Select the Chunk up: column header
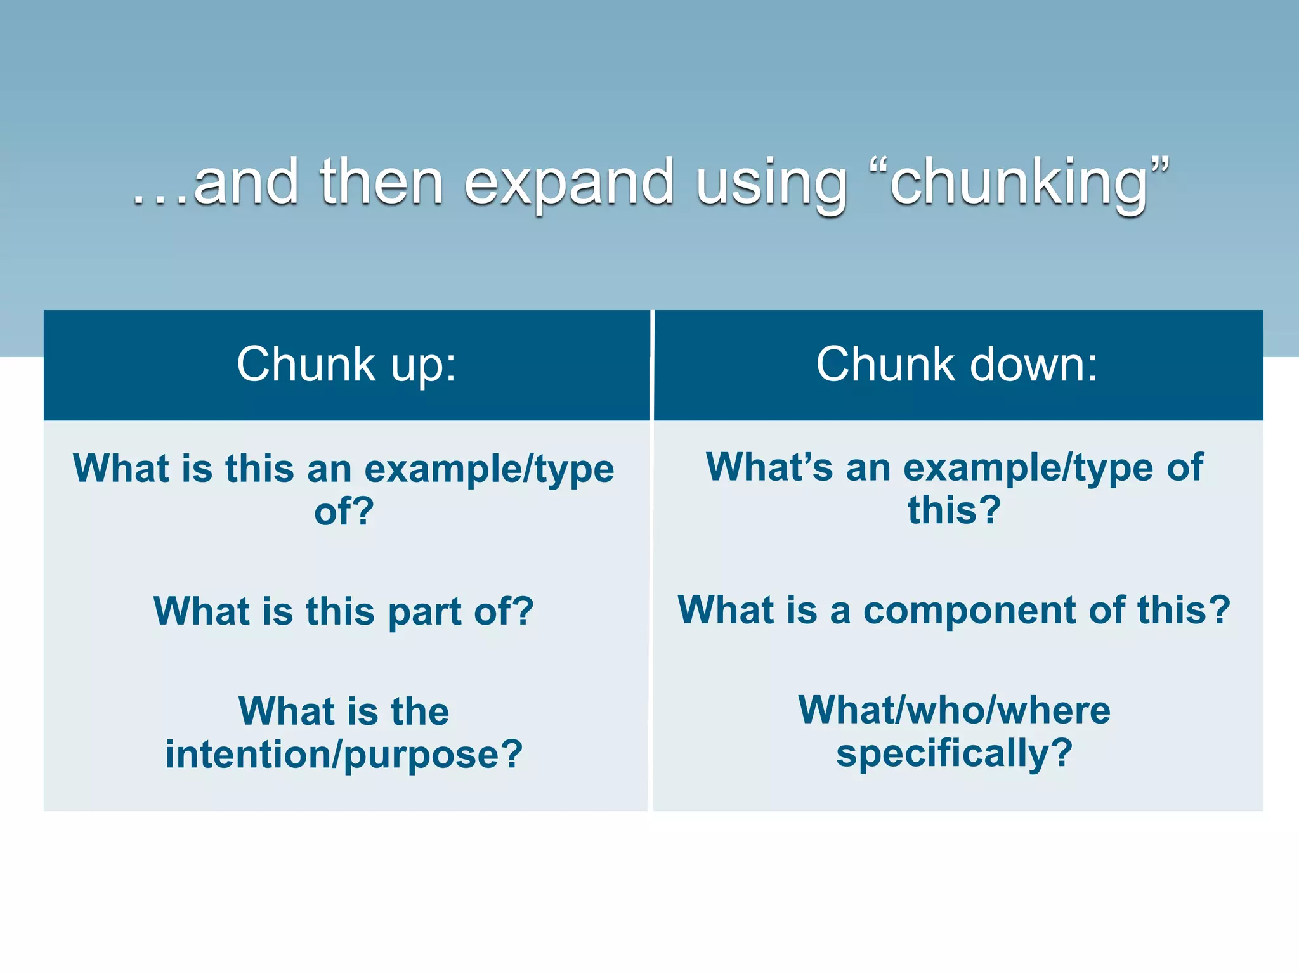click(x=346, y=365)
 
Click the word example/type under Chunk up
click(x=489, y=470)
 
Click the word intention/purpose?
click(x=344, y=755)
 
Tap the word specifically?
click(x=954, y=753)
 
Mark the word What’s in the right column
click(x=769, y=468)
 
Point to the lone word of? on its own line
click(x=344, y=511)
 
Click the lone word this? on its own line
click(x=954, y=510)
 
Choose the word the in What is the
click(x=420, y=711)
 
